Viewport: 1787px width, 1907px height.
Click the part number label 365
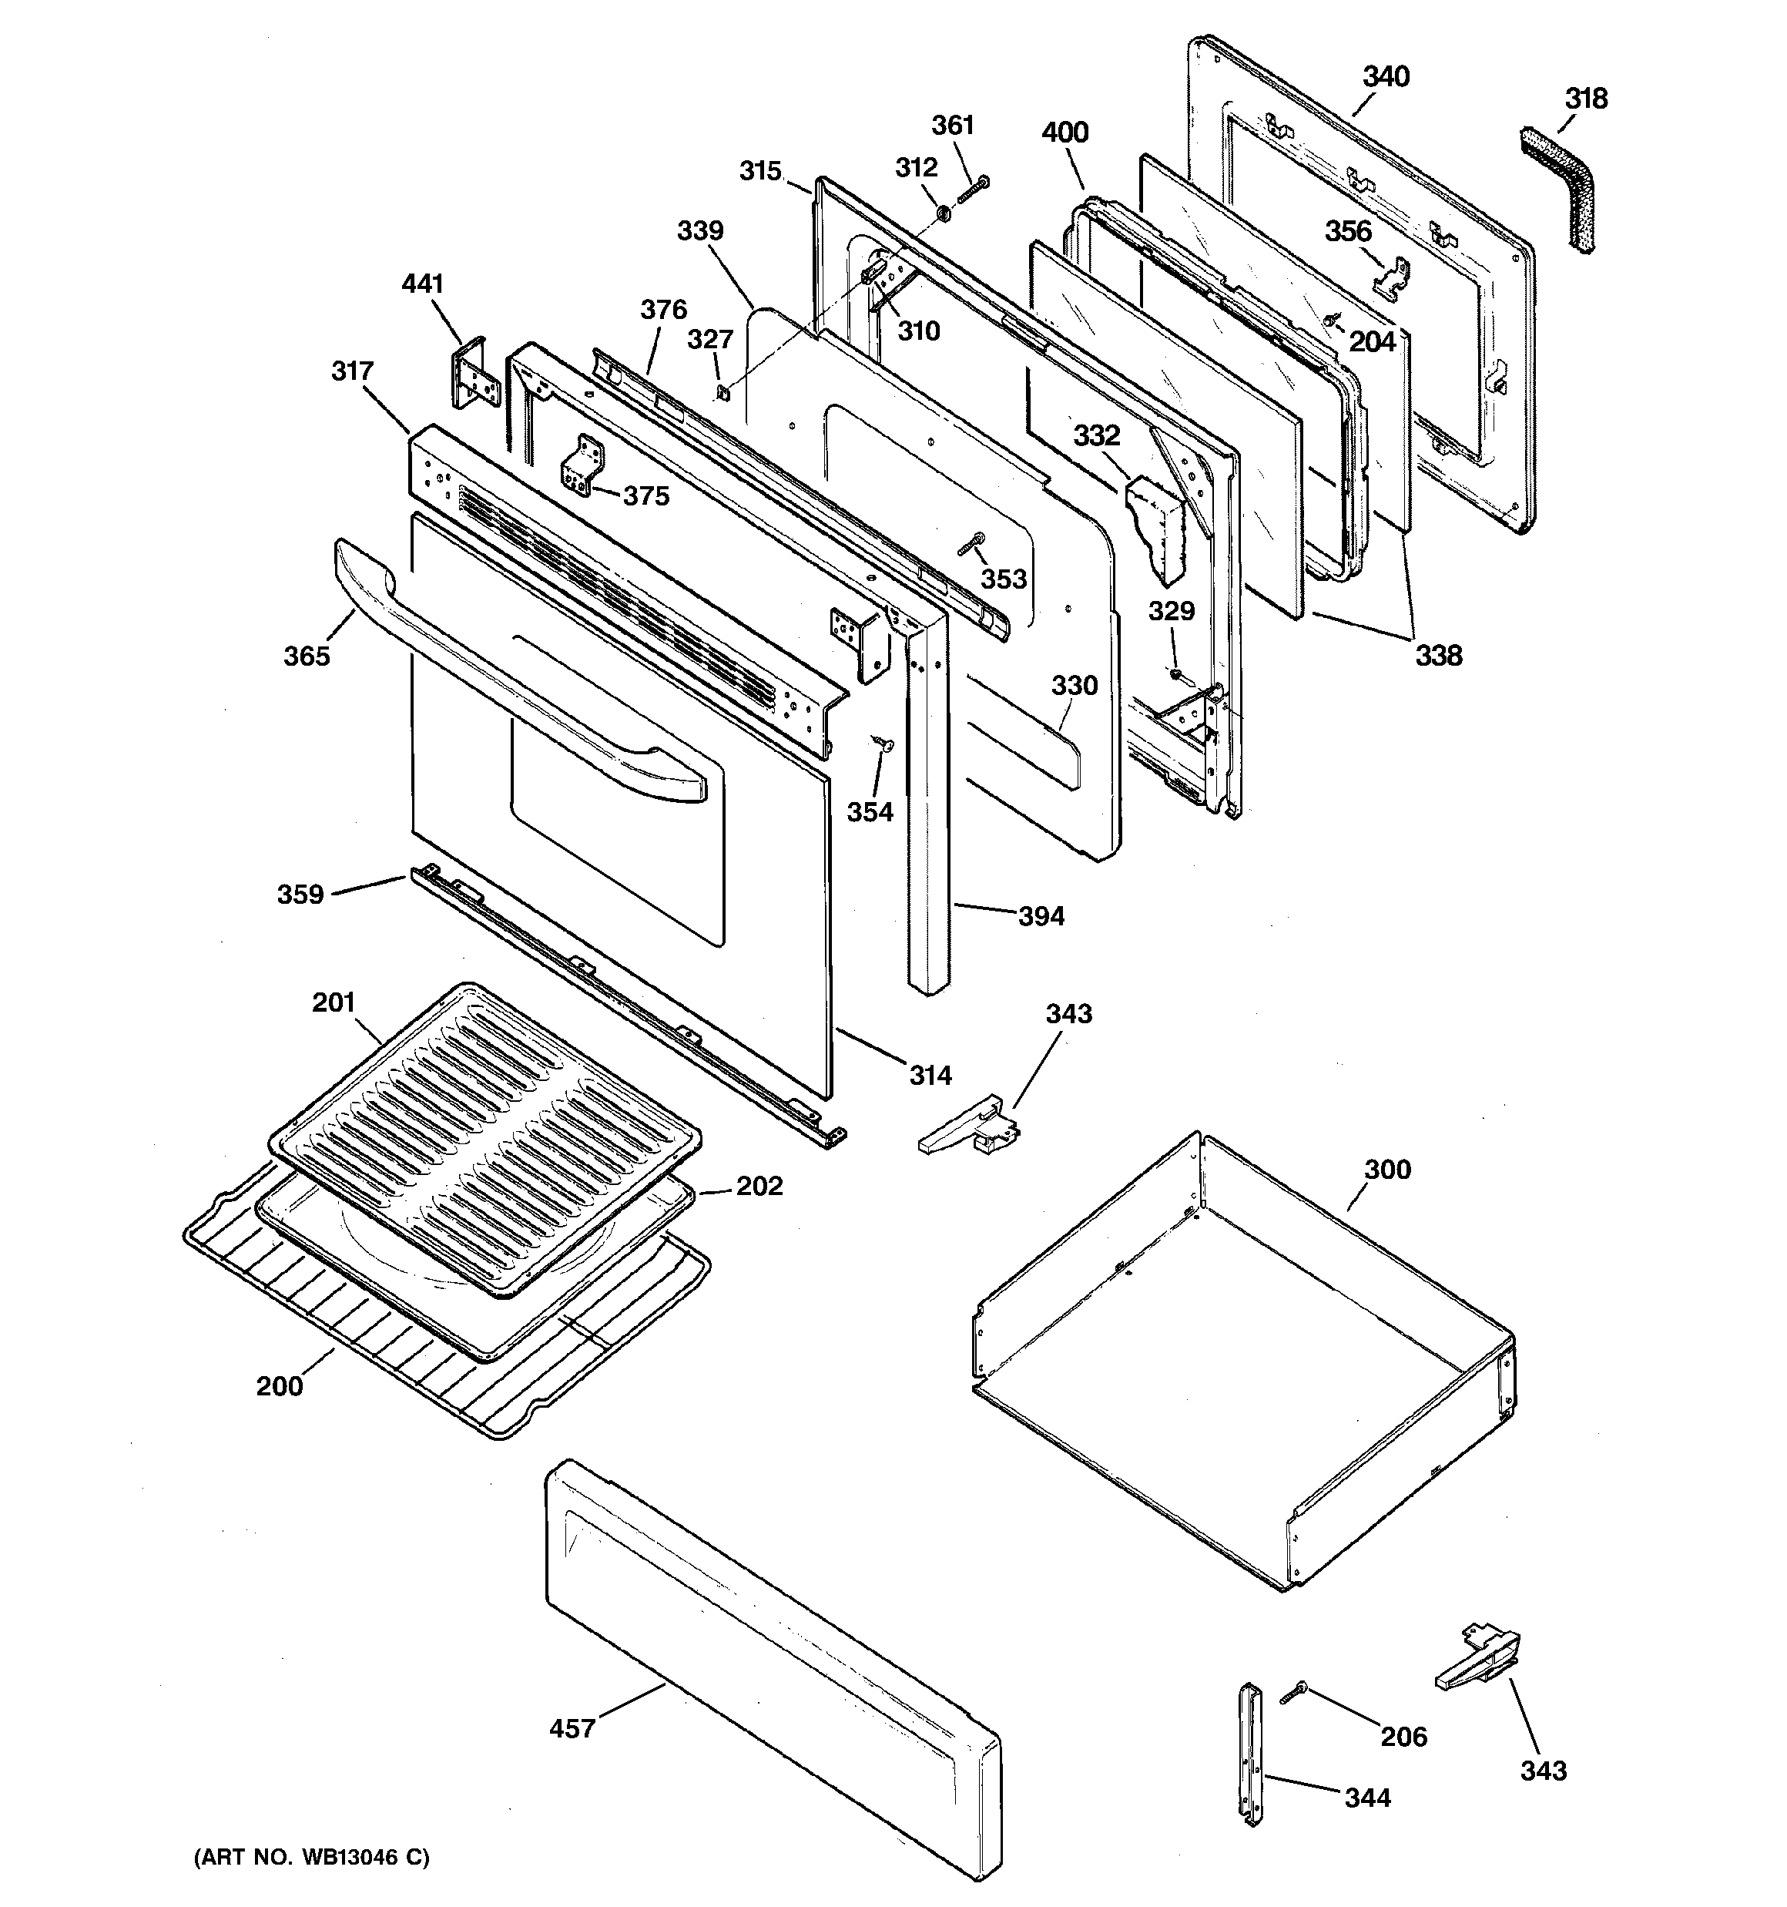point(306,656)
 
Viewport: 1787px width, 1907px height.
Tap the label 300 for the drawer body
point(1387,1170)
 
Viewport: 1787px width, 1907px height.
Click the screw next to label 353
point(971,545)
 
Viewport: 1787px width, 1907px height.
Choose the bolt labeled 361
point(973,189)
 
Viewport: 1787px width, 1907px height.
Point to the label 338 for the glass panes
point(1438,656)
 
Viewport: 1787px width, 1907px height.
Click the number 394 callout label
point(1041,916)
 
